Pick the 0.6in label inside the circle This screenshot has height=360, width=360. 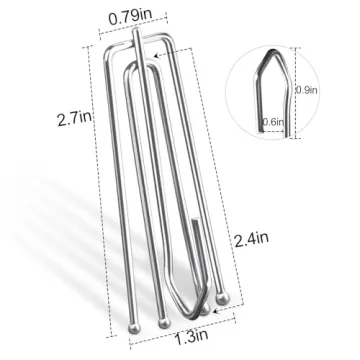[273, 122]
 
